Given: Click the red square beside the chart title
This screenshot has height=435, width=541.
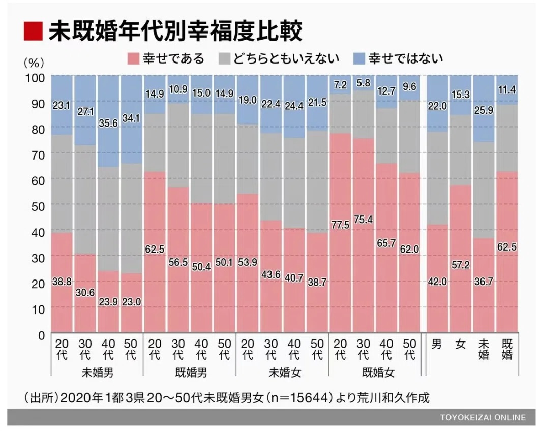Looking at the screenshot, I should coord(32,32).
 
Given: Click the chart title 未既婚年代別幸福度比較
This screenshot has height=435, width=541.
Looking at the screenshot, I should coord(175,32).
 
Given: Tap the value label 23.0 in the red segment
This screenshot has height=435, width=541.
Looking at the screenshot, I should coord(132,301).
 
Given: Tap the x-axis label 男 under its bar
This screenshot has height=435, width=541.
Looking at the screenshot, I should coord(437,344).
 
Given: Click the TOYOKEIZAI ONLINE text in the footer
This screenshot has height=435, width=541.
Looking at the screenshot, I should coord(483,417).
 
